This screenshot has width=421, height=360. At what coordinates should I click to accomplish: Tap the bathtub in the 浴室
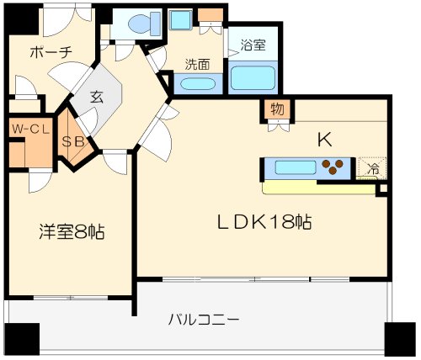253,77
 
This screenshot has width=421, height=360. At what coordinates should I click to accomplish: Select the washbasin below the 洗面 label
197,83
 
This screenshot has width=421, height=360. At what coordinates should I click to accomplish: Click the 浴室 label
253,45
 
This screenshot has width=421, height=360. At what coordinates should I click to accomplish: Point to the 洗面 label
197,65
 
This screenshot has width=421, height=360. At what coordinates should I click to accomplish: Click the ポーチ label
51,52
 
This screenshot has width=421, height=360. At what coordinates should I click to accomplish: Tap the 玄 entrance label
97,98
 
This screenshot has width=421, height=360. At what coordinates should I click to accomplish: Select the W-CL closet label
31,129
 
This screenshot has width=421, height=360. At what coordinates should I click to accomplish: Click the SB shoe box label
73,142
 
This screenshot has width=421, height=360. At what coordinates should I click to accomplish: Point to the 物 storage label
277,109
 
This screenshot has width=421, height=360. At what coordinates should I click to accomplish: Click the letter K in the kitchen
325,140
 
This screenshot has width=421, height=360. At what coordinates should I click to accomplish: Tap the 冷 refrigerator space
372,168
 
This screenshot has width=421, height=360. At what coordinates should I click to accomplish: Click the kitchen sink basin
296,167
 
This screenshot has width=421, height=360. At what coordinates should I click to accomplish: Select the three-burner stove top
333,167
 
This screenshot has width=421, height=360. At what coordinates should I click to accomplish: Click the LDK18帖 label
265,222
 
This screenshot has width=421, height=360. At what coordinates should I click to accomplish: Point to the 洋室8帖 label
72,232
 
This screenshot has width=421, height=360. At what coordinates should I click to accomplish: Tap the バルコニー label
204,320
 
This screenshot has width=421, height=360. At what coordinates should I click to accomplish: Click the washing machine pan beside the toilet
181,19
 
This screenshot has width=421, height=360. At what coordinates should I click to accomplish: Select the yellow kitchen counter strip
318,188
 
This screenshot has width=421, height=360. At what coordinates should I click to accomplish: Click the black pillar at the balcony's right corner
400,339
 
